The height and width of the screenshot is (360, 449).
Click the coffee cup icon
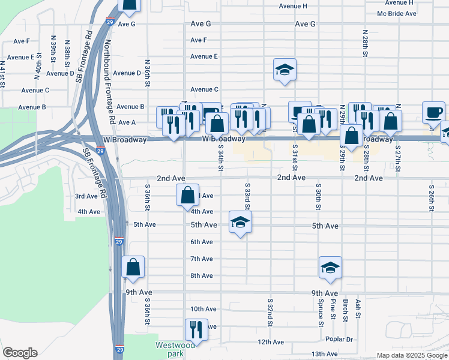(434, 112)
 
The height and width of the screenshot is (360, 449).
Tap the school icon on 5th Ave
(240, 223)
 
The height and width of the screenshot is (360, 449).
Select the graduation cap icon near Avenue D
(285, 70)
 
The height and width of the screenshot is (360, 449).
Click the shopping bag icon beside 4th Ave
(188, 194)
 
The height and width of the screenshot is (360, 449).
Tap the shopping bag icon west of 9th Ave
(133, 267)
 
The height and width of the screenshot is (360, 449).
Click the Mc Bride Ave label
(397, 13)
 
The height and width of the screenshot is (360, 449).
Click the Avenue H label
(293, 6)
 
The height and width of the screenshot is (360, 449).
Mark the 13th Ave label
(324, 354)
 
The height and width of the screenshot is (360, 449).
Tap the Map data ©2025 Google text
(411, 355)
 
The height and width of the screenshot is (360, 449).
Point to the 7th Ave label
(202, 259)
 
